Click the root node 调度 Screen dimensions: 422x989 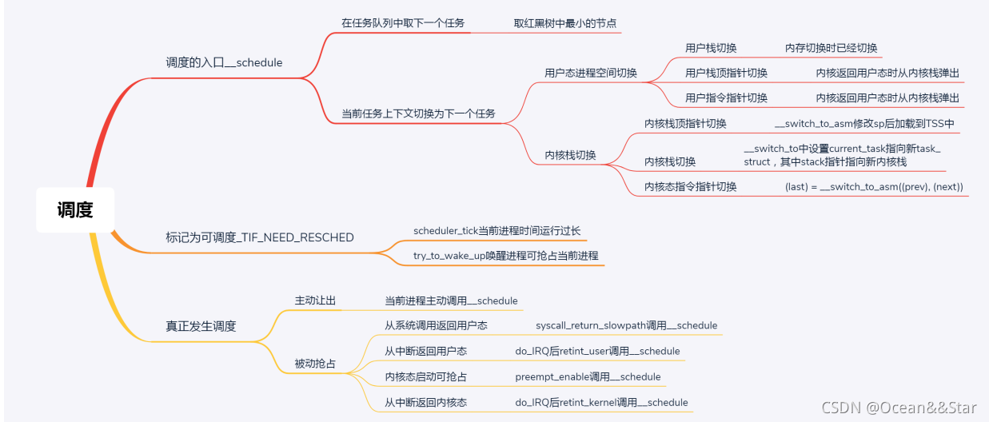pos(75,210)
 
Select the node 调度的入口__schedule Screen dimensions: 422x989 pos(224,62)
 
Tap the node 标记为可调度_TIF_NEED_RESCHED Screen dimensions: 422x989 pos(259,237)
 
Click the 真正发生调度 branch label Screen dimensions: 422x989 pos(201,326)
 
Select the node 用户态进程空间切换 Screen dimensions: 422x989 pos(591,73)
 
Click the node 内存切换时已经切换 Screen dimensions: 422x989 pos(831,48)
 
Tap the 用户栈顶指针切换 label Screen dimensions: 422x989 pos(726,73)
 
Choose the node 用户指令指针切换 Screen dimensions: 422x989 pos(726,98)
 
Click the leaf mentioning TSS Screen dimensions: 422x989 pos(864,123)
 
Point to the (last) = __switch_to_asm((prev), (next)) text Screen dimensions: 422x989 pos(874,187)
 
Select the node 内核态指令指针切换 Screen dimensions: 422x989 pos(691,187)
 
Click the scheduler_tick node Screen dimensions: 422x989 pos(496,231)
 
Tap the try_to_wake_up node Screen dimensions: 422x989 pos(505,256)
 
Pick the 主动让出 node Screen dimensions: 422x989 pos(315,301)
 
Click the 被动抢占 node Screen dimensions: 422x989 pos(315,364)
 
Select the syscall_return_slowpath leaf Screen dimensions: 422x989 pos(626,325)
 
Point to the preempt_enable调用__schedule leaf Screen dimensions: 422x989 pos(588,376)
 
